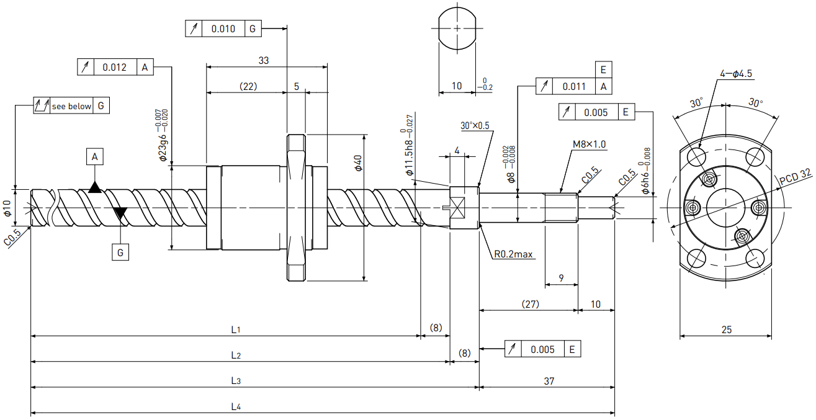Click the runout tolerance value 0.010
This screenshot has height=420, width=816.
coord(223,29)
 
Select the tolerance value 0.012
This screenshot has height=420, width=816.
coord(114,68)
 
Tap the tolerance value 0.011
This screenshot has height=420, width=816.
coord(574,87)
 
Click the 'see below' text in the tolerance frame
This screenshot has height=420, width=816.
coord(71,106)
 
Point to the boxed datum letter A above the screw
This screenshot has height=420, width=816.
coord(95,157)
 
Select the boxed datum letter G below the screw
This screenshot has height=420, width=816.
coord(120,252)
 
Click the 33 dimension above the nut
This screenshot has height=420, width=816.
coord(263,60)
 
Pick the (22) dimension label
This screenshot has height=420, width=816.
coord(248,86)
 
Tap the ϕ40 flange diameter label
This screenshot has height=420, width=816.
coord(358,163)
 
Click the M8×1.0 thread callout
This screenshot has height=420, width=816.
coord(589,145)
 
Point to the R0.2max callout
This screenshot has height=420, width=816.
coord(513,254)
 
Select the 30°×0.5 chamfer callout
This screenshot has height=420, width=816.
coord(475,126)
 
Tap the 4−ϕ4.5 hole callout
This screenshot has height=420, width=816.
coord(736,74)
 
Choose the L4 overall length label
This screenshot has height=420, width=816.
coord(236,406)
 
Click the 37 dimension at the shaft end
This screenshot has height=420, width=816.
coord(549,381)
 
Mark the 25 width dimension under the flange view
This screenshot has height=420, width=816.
coord(727,329)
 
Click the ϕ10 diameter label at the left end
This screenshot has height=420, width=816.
coord(7,208)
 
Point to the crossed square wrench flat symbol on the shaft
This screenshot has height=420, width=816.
coord(457,208)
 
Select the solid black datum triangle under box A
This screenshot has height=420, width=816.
coord(95,187)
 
